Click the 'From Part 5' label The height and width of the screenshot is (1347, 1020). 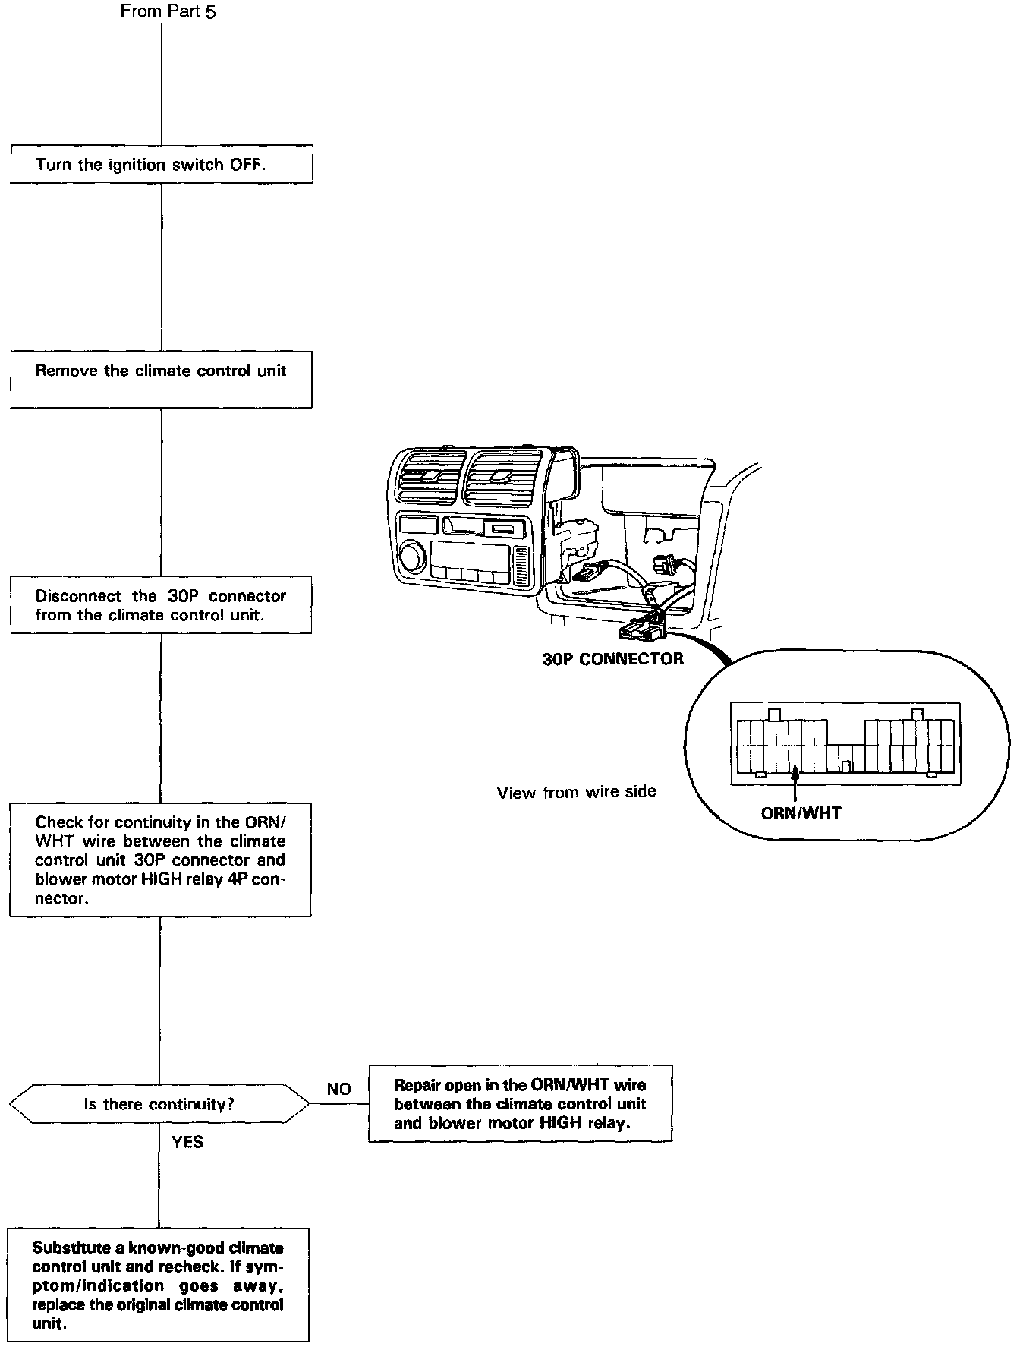(168, 11)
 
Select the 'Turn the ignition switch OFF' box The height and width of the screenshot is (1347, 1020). (161, 165)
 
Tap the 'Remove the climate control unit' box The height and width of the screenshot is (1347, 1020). (161, 379)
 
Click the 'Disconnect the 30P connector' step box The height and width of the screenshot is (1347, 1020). (161, 605)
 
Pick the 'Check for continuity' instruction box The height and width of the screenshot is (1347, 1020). (160, 860)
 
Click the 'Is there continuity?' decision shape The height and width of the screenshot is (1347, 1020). (159, 1103)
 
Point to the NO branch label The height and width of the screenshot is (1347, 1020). (339, 1089)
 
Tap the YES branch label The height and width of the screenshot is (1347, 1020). (187, 1142)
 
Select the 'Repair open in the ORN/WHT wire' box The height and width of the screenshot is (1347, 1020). (521, 1104)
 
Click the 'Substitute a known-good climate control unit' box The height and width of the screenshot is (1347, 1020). (159, 1285)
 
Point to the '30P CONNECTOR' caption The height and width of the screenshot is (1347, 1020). (612, 659)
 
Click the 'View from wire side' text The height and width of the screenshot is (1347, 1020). (576, 792)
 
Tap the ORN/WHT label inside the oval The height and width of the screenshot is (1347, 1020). (801, 813)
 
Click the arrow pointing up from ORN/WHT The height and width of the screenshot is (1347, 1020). (795, 785)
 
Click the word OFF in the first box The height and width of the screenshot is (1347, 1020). (247, 165)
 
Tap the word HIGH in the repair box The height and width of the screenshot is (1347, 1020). (561, 1123)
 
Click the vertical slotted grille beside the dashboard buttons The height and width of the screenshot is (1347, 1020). (521, 564)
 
